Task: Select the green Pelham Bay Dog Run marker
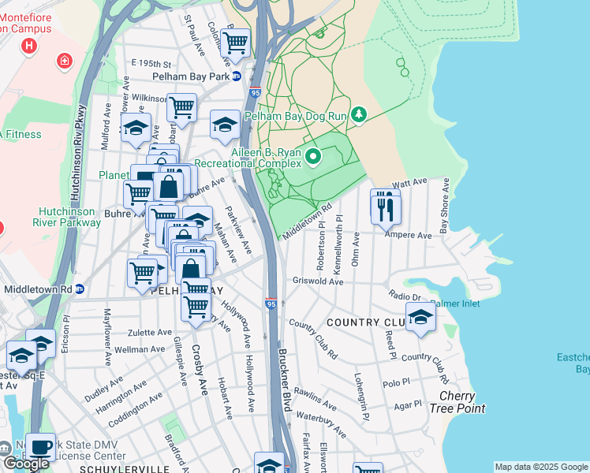pos(360,115)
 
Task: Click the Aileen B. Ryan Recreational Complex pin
pos(313,157)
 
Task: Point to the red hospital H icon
pos(30,45)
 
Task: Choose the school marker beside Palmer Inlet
pos(420,317)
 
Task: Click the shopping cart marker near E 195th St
pos(235,43)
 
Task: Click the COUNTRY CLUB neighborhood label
pos(365,323)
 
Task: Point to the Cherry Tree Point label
pos(457,402)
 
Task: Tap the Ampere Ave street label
pos(408,235)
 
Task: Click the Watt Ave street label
pos(409,184)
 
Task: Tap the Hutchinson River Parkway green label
pos(69,217)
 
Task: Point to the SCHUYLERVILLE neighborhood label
pos(124,468)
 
